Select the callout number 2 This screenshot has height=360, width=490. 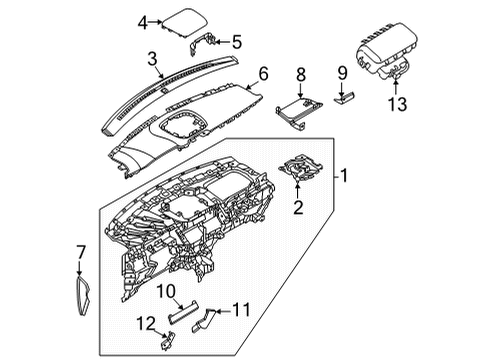[x=297, y=208]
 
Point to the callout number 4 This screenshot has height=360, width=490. [x=142, y=21]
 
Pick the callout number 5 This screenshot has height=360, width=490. [x=236, y=42]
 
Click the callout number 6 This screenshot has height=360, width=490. [x=263, y=74]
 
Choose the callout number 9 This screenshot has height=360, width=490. [x=341, y=72]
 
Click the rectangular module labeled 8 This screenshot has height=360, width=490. [x=298, y=107]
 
